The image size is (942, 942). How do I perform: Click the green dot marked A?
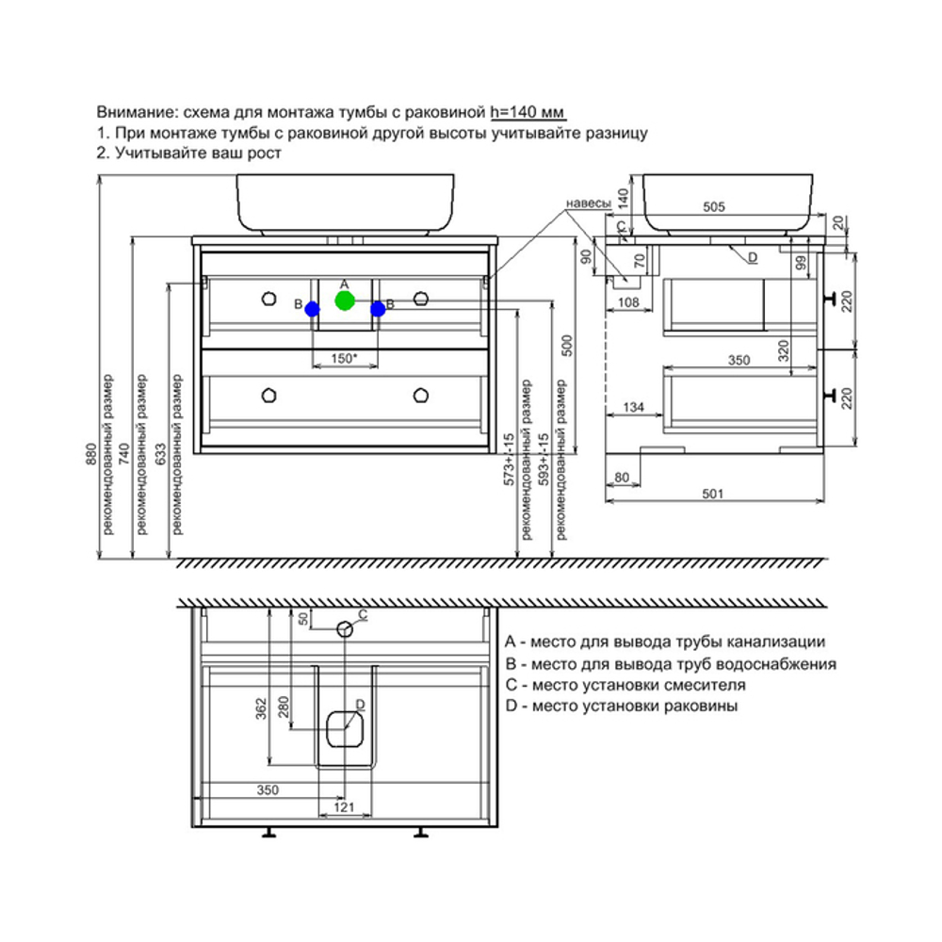344,301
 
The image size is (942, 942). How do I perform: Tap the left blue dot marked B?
313,309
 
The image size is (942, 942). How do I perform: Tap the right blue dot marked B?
378,308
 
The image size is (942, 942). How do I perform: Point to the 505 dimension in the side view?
715,209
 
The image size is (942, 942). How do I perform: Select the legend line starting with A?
665,642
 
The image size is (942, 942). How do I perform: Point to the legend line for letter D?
621,706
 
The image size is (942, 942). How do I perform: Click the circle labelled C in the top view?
346,628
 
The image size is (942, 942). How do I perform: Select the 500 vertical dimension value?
566,347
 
